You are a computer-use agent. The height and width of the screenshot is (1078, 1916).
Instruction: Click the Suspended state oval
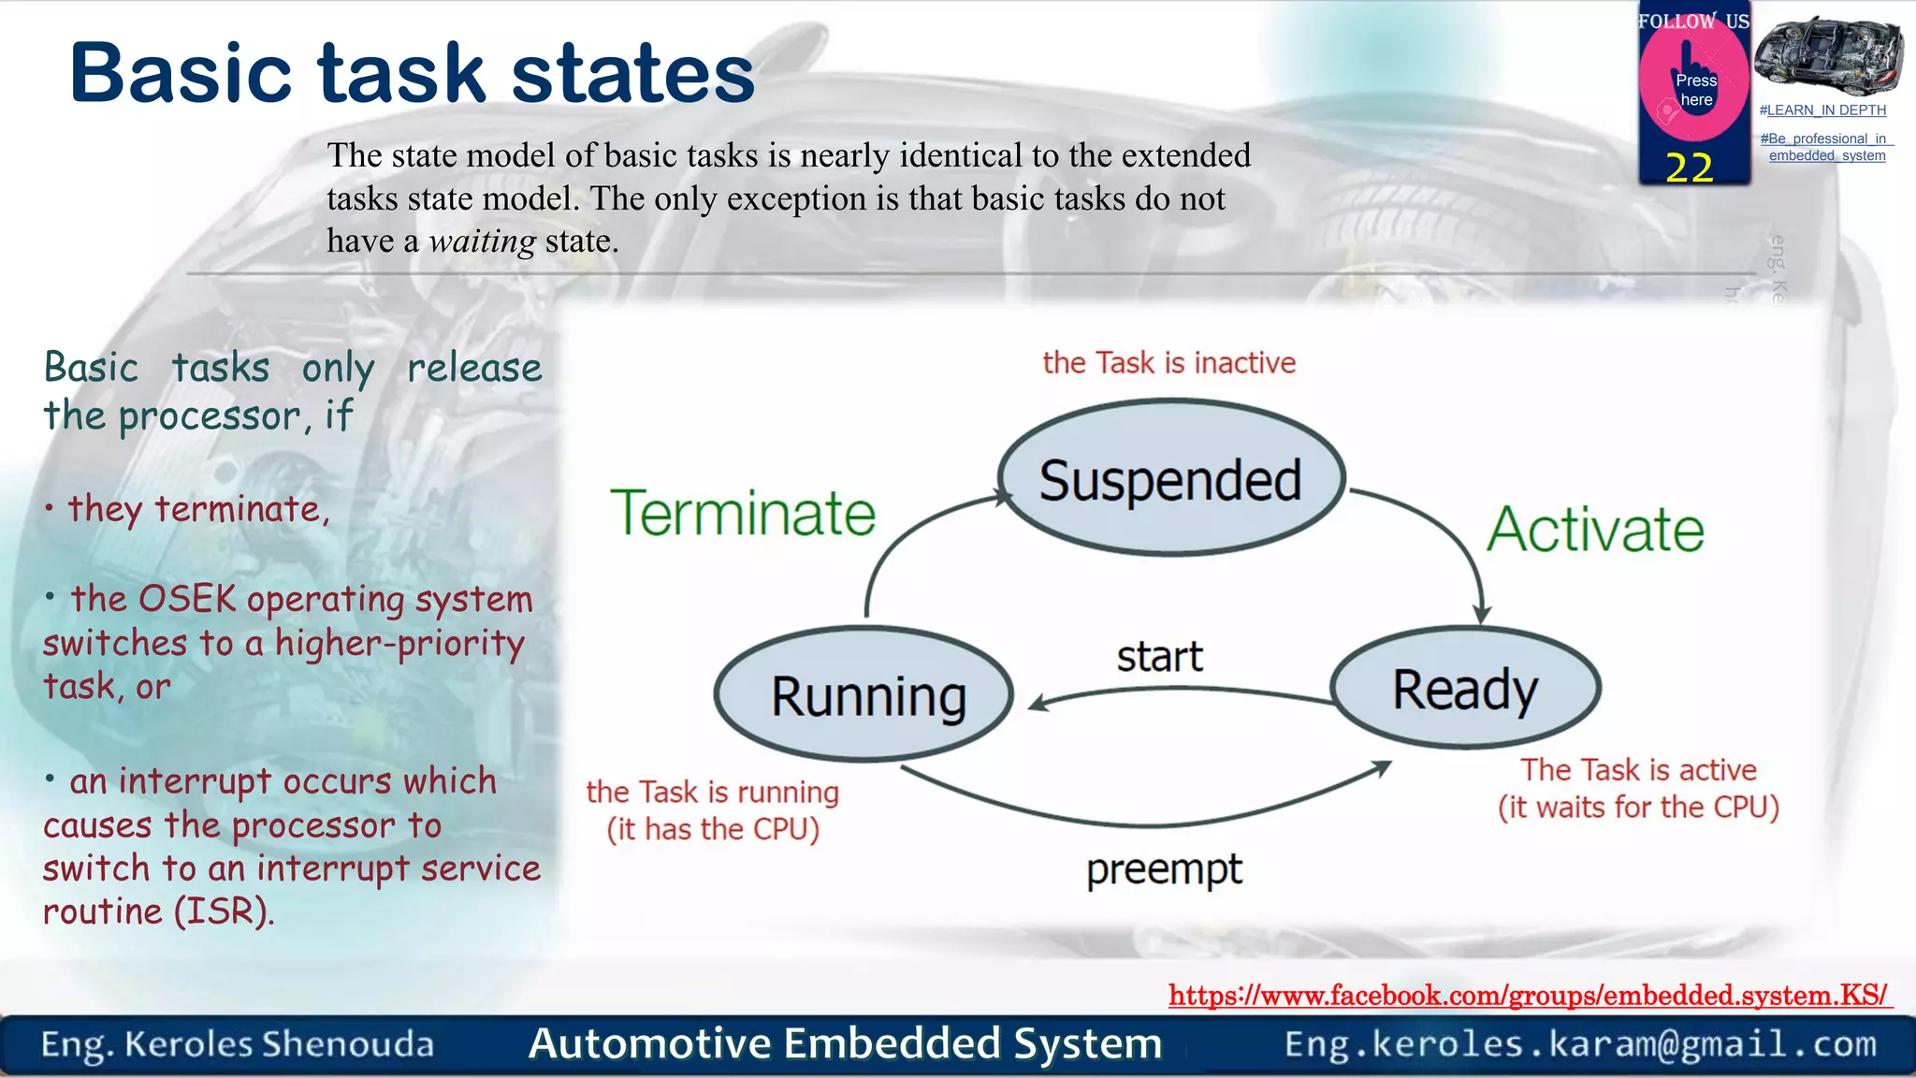[x=1170, y=478]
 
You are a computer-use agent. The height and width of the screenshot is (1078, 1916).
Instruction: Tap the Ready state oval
[x=1465, y=688]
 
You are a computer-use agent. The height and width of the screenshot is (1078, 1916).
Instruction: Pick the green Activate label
[x=1595, y=530]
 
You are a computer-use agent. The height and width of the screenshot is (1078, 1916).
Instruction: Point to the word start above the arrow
[x=1159, y=657]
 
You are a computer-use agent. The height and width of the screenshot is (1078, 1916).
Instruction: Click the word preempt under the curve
[x=1164, y=870]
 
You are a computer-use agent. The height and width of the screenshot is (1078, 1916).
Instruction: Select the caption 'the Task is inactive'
[x=1168, y=363]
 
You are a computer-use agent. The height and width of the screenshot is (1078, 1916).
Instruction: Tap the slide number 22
[x=1689, y=168]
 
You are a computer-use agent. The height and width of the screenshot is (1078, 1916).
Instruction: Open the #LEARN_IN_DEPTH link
[x=1822, y=110]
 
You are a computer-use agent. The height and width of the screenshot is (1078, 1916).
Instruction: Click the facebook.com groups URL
[x=1529, y=995]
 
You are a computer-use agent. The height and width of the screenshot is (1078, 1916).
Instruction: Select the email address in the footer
[x=1580, y=1044]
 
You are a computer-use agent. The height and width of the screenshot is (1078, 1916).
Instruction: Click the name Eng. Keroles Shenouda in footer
[x=238, y=1044]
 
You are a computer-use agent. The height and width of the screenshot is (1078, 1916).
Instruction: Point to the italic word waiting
[x=482, y=241]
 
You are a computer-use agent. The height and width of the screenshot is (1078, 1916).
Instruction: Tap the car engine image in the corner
[x=1828, y=54]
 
